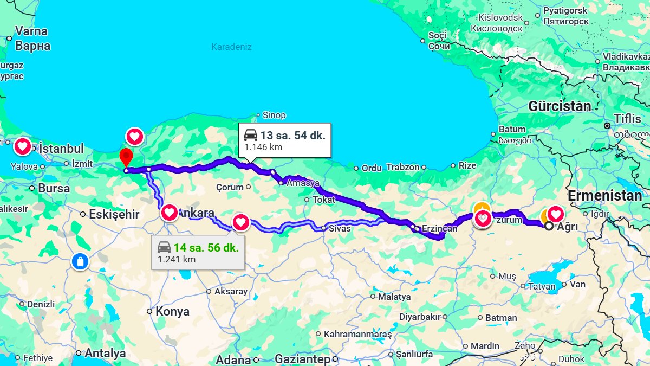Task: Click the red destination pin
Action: point(126,157)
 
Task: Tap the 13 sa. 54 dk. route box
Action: point(285,140)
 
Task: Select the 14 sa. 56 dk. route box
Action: point(198,253)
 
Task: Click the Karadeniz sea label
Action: point(231,47)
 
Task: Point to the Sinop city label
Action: point(274,115)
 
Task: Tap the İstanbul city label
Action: point(62,149)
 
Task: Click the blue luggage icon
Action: point(80,262)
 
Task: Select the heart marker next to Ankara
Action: point(170,212)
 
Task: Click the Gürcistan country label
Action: point(560,106)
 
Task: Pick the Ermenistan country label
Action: point(604,196)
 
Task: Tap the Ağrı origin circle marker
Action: point(549,226)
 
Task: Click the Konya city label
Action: point(172,312)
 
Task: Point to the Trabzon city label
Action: point(402,168)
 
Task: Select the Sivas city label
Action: point(340,228)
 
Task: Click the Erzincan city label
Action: point(439,229)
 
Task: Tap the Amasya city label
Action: point(303,183)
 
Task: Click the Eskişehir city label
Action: point(114,214)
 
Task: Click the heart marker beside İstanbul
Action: point(22,146)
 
